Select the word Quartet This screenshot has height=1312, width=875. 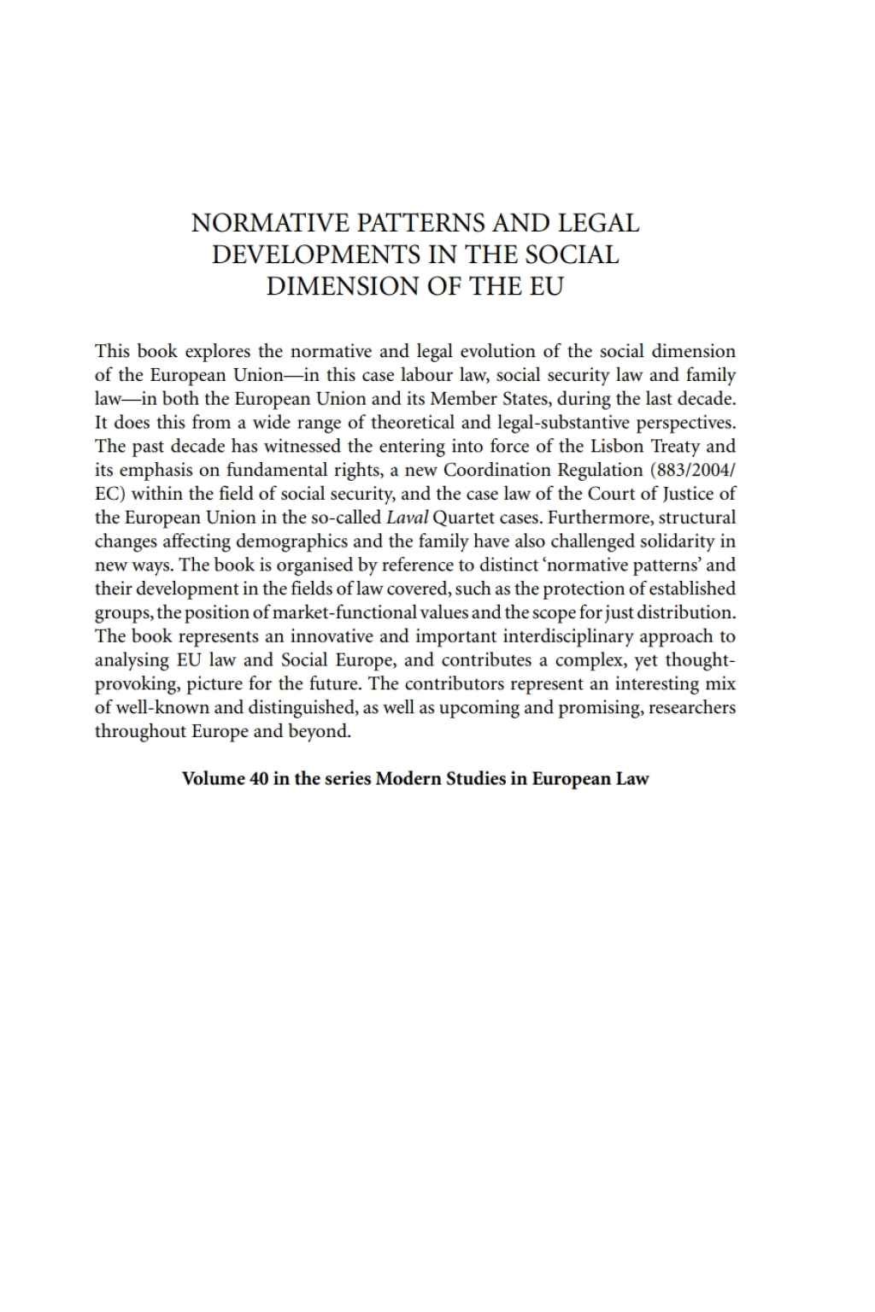click(462, 518)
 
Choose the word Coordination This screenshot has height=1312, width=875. click(496, 470)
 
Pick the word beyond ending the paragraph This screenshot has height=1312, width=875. click(322, 731)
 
